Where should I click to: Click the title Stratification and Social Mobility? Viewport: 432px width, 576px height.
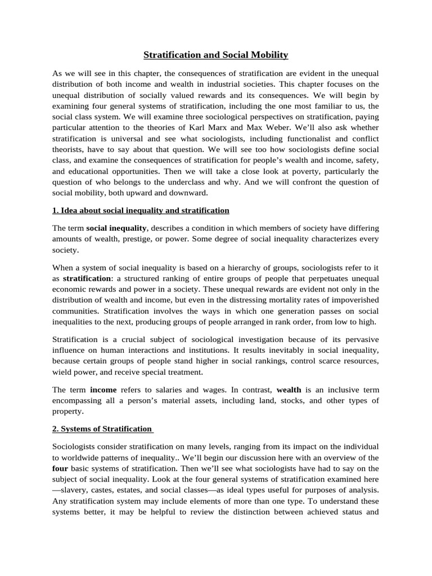215,55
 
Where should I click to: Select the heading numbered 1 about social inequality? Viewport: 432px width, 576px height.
141,210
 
